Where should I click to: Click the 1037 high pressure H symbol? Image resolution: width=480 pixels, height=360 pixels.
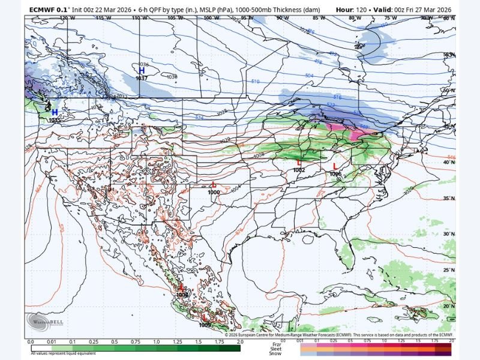[142, 71]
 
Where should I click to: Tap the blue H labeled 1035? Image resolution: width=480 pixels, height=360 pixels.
[55, 112]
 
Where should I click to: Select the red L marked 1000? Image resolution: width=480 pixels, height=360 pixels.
[214, 185]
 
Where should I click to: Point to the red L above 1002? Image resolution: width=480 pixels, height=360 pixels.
[299, 163]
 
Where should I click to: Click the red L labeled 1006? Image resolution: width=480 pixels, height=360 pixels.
[335, 166]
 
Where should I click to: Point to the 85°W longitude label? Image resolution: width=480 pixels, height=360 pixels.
[319, 18]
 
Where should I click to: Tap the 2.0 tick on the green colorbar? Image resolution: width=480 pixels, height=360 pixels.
[240, 341]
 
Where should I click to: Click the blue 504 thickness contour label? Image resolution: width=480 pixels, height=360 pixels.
[309, 76]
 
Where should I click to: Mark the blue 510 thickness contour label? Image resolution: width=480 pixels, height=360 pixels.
[255, 81]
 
